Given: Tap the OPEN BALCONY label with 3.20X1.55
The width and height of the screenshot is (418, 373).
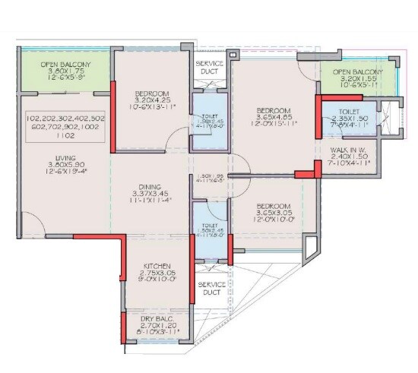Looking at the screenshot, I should [357, 72].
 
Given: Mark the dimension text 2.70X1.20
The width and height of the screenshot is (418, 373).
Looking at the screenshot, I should [158, 325].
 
